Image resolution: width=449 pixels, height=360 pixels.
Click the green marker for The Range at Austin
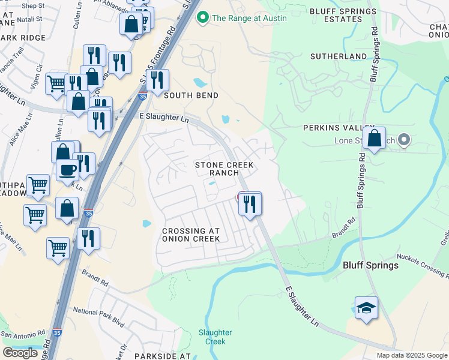pyautogui.click(x=202, y=17)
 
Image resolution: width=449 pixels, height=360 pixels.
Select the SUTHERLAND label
pyautogui.click(x=338, y=56)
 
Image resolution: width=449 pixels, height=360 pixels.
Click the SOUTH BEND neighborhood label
pyautogui.click(x=191, y=95)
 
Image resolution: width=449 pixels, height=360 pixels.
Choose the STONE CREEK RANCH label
pyautogui.click(x=224, y=169)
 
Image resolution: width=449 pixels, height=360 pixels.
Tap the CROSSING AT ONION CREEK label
pyautogui.click(x=191, y=235)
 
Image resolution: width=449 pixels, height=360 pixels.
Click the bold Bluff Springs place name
pyautogui.click(x=370, y=265)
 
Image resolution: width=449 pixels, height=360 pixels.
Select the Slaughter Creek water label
pyautogui.click(x=211, y=337)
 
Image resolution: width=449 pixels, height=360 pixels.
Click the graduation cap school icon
pyautogui.click(x=366, y=308)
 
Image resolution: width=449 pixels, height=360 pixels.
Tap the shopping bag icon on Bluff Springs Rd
pyautogui.click(x=374, y=139)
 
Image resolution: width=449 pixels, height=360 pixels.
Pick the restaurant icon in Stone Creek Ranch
pyautogui.click(x=250, y=204)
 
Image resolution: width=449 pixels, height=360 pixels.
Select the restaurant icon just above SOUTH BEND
pyautogui.click(x=157, y=80)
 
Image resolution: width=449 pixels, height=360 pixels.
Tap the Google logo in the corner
pyautogui.click(x=20, y=353)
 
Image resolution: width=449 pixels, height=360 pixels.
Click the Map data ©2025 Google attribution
pyautogui.click(x=411, y=355)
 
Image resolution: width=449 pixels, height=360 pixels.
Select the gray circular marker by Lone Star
pyautogui.click(x=404, y=140)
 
